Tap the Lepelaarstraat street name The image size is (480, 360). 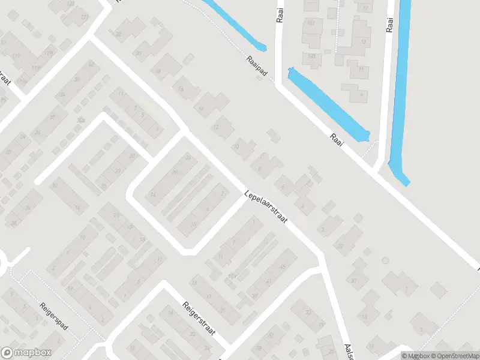pyautogui.click(x=266, y=207)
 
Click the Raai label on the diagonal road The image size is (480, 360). pyautogui.click(x=338, y=142)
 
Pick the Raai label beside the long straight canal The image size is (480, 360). pyautogui.click(x=390, y=22)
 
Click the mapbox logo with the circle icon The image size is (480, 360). pyautogui.click(x=26, y=353)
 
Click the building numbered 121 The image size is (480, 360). pyautogui.click(x=83, y=16)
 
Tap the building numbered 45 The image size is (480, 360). pyautogui.click(x=283, y=266)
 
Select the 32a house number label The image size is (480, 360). pyautogui.click(x=80, y=120)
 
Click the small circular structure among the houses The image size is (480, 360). pyautogui.click(x=385, y=260)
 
